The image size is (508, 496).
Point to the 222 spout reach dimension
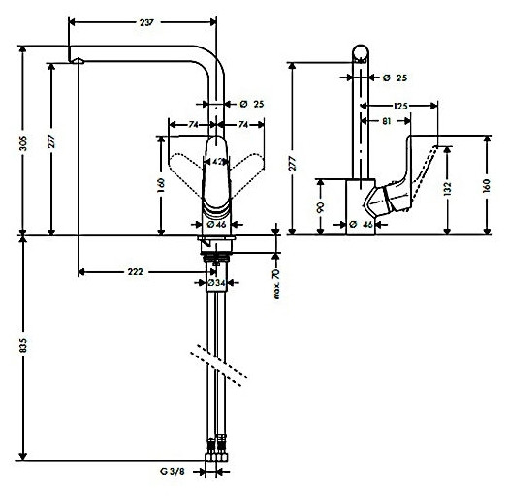(135, 273)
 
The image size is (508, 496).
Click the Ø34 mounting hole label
(218, 282)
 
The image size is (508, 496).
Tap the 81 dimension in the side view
(386, 121)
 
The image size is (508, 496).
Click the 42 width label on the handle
(218, 161)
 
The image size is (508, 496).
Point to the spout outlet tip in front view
(78, 62)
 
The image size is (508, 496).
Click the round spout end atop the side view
(361, 53)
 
